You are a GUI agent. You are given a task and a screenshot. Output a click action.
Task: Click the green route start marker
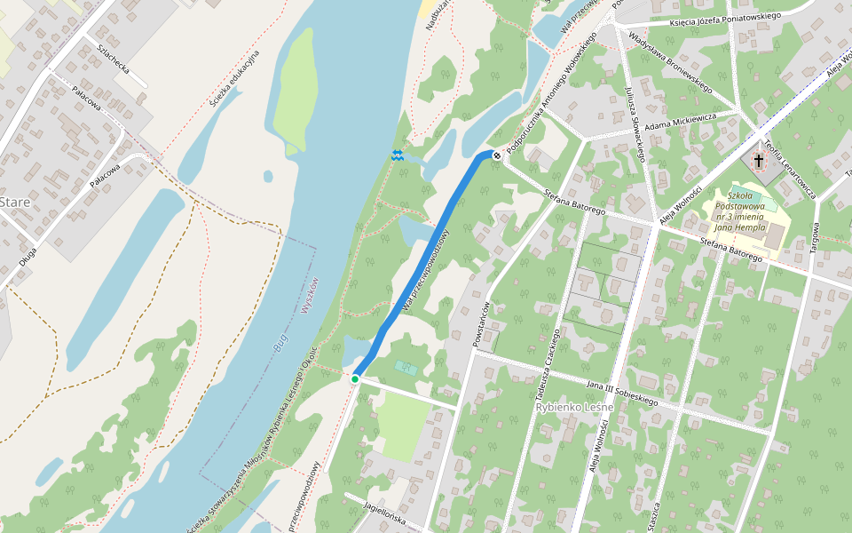(355, 379)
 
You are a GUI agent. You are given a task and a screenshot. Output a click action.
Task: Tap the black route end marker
(497, 155)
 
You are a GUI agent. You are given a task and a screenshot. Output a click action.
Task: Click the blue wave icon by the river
(398, 155)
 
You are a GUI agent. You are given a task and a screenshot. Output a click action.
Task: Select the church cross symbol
(759, 161)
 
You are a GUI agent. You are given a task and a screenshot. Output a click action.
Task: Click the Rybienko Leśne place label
(574, 407)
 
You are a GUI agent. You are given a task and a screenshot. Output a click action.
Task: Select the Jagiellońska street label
(384, 513)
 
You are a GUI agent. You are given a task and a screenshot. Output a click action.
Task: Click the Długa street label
(28, 257)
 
